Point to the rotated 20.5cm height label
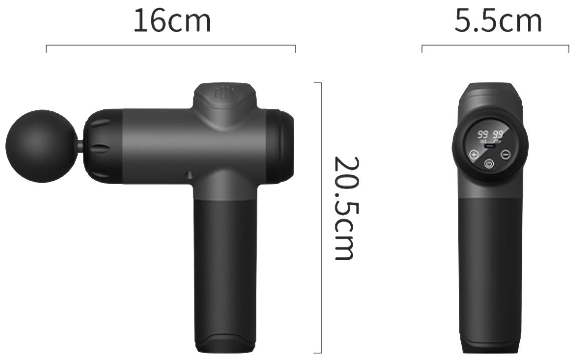[346, 209]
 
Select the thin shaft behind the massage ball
[80, 145]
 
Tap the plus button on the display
[473, 155]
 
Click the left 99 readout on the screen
[483, 134]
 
